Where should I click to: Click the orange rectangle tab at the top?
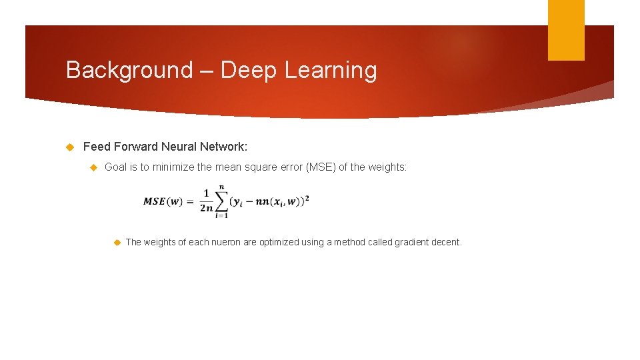pos(566,29)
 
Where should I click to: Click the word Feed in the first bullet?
pos(97,147)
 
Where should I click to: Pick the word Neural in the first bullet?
pos(179,147)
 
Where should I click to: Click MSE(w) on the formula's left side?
pos(163,202)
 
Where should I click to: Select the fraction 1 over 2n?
pos(207,201)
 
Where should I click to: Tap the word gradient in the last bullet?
pos(414,242)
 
